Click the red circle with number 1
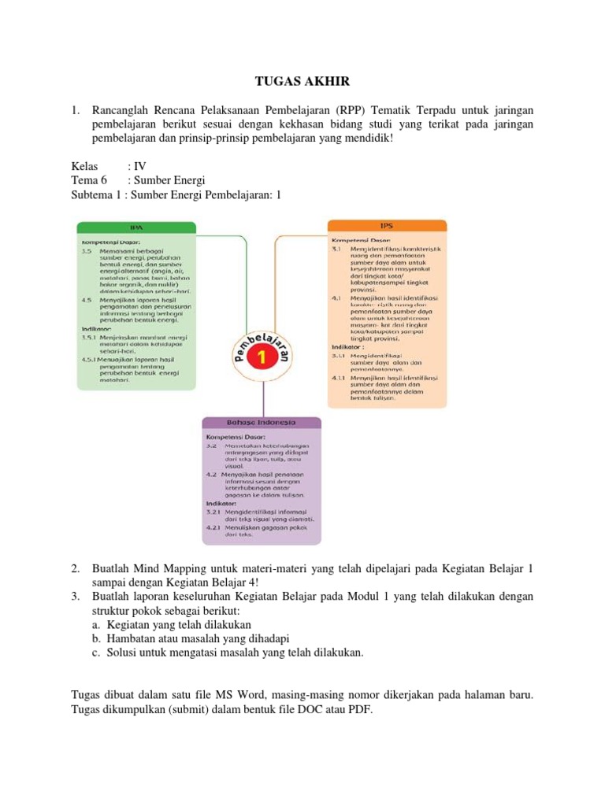(x=260, y=357)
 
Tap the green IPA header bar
(x=135, y=227)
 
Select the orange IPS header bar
(x=387, y=226)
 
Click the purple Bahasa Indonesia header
(x=261, y=423)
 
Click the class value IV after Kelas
(x=141, y=166)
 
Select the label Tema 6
(x=88, y=180)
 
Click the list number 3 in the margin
(x=75, y=597)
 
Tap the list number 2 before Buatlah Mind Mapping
(x=75, y=568)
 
